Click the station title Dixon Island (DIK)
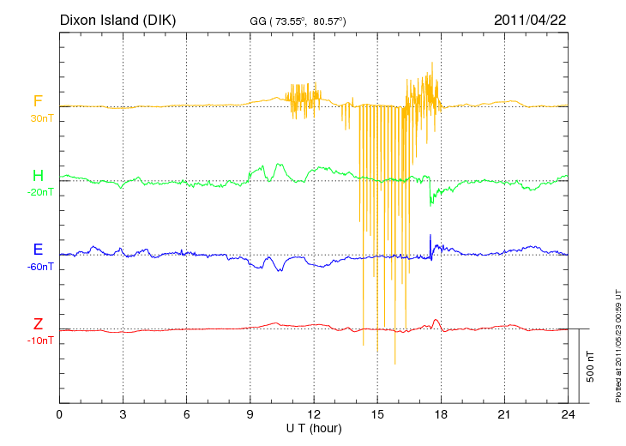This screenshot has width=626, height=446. [117, 19]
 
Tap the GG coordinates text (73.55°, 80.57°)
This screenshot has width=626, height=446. [297, 20]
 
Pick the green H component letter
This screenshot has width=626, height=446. [38, 176]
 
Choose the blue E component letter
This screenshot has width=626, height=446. [38, 250]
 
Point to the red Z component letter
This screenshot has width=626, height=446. [38, 324]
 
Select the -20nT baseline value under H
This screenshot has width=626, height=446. [39, 192]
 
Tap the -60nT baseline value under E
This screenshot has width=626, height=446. [39, 267]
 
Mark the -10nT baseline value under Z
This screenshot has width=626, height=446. [39, 341]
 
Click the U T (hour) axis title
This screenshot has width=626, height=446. [314, 428]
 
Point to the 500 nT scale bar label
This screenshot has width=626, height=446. [591, 366]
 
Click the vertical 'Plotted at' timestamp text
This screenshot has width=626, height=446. [617, 343]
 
